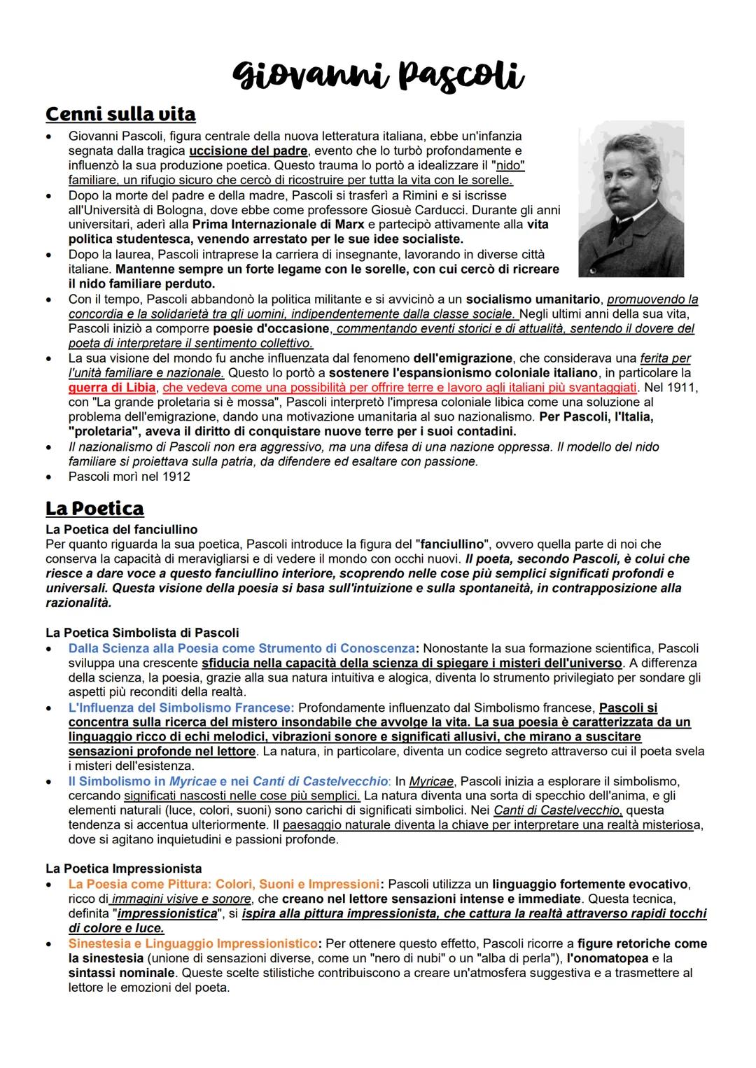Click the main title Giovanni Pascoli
(x=379, y=75)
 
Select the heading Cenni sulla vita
(x=120, y=113)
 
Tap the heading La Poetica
(x=94, y=508)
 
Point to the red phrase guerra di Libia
(x=112, y=388)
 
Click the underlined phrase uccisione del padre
(x=248, y=150)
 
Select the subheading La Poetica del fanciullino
(x=121, y=530)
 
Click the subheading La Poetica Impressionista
(x=123, y=869)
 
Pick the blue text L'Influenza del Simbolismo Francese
(x=181, y=708)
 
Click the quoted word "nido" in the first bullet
(x=510, y=166)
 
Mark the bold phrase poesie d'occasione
(x=271, y=329)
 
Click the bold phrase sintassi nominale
(x=121, y=973)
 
